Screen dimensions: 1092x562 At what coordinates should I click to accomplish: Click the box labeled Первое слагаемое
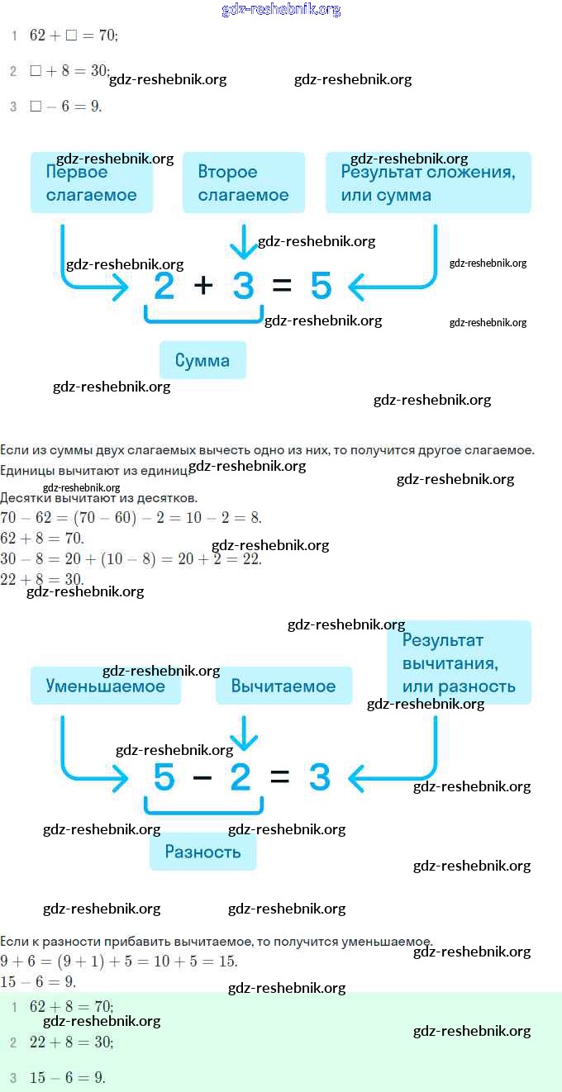pos(91,183)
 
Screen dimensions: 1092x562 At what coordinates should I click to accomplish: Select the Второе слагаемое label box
pos(243,183)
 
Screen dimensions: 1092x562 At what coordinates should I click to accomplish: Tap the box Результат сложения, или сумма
pos(428,183)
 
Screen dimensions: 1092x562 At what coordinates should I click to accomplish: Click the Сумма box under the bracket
pos(202,360)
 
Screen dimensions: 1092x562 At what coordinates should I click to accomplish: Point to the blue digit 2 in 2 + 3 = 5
pos(164,286)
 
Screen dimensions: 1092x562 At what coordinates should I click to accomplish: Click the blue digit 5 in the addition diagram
pos(321,286)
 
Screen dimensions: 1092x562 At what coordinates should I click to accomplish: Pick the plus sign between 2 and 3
pos(203,286)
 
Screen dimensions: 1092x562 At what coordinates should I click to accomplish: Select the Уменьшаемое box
pos(106,686)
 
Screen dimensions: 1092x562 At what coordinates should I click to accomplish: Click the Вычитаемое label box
pos(283,686)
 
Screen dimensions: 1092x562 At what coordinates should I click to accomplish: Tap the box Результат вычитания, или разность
pos(459,662)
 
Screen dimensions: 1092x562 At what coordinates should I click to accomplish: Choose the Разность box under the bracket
pos(202,852)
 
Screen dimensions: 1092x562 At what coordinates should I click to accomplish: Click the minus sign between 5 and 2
pos(202,777)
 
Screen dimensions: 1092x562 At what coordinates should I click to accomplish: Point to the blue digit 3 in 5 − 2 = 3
pos(319,777)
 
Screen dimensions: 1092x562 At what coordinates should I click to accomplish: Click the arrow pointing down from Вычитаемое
pos(243,731)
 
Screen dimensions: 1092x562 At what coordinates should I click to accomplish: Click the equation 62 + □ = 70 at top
pos(74,36)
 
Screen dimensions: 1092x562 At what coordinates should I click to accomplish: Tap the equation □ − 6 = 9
pos(65,107)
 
